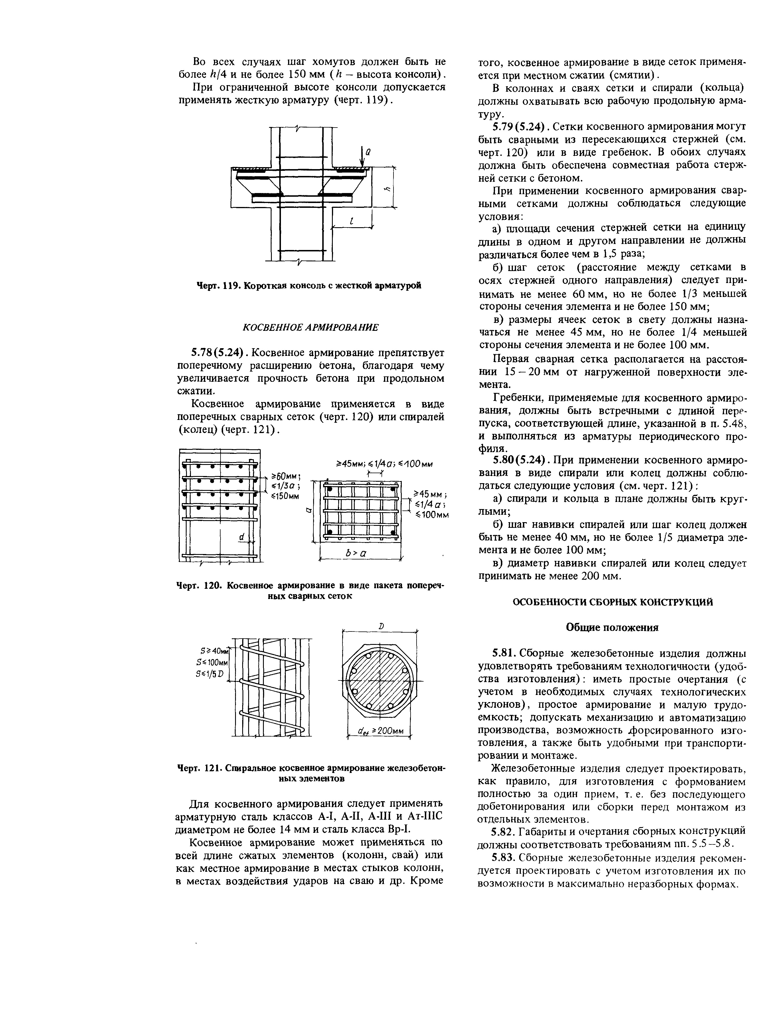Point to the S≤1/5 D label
point(210,673)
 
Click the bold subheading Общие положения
point(612,627)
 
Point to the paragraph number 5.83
point(504,858)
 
